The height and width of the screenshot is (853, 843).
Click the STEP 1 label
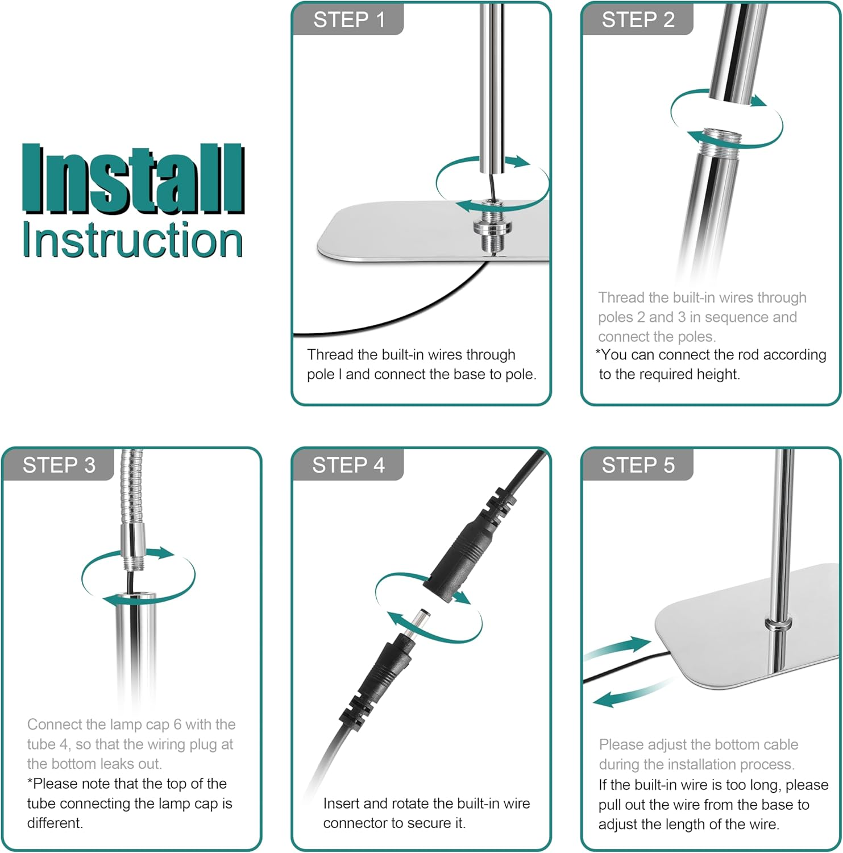point(349,20)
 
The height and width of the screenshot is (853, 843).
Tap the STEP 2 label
point(638,20)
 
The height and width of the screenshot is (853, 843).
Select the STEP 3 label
point(59,465)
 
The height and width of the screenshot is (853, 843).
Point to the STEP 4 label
point(348,465)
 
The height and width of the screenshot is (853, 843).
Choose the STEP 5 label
point(638,465)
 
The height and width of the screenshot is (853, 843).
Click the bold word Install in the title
point(134,180)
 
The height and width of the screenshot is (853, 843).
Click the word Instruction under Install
point(132,240)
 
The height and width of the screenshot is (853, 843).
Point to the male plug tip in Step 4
point(420,620)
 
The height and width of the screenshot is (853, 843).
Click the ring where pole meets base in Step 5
point(778,624)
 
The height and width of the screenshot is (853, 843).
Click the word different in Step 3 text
point(55,823)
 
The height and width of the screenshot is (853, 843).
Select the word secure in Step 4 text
point(427,823)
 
